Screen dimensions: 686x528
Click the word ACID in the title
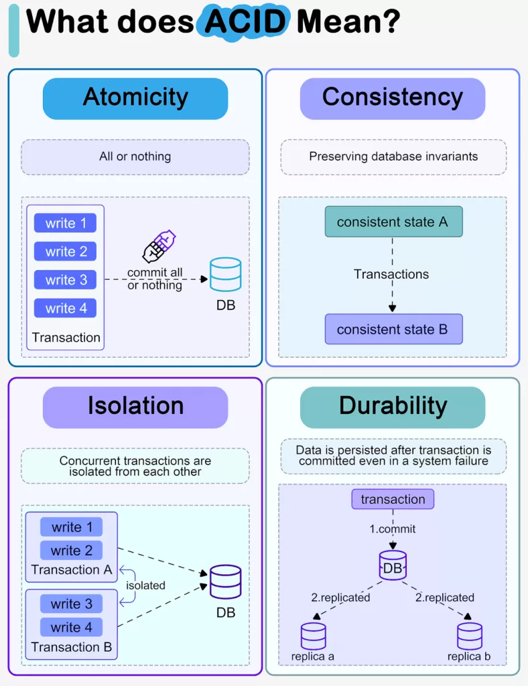[x=246, y=21]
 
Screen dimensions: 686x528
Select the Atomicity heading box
[x=135, y=98]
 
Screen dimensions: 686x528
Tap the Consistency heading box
[x=392, y=98]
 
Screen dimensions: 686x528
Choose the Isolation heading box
[x=135, y=407]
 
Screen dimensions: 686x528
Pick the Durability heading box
[x=392, y=407]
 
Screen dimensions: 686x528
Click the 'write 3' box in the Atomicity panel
[x=66, y=280]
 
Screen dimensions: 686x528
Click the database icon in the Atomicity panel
[x=225, y=274]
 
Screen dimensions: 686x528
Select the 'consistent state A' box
[x=393, y=222]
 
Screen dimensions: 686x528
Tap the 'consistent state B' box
[x=393, y=330]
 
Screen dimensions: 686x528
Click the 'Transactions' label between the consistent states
[x=391, y=274]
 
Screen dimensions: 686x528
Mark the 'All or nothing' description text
[x=135, y=157]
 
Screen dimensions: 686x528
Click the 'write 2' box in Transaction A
[x=71, y=551]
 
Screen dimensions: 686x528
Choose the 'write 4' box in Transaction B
[x=71, y=628]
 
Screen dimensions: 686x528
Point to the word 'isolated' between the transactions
[x=145, y=586]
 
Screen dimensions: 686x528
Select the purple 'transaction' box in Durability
[x=393, y=499]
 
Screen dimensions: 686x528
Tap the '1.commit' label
[x=393, y=529]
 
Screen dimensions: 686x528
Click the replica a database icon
[x=313, y=636]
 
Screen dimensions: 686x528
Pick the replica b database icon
[x=470, y=636]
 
